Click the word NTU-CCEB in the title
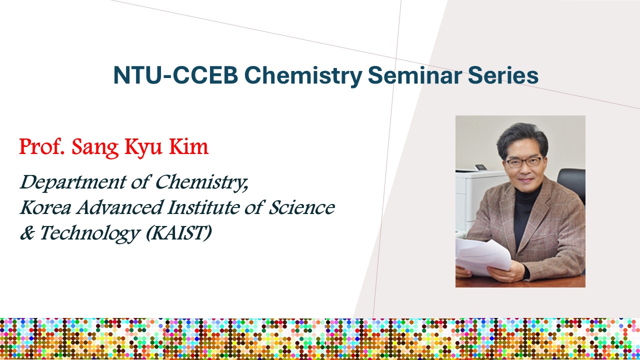point(175,75)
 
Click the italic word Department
point(73,183)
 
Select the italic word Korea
point(45,207)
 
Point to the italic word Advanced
point(119,207)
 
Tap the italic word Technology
point(89,233)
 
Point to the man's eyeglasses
point(524,162)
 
